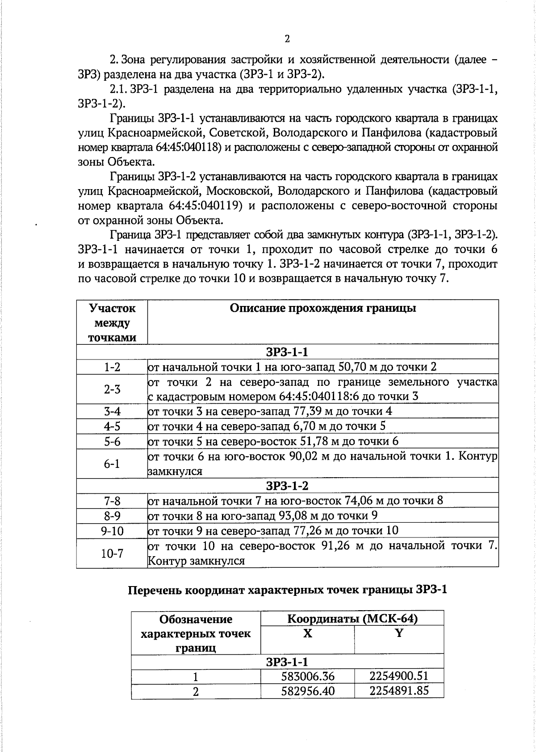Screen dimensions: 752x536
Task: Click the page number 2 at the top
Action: click(287, 39)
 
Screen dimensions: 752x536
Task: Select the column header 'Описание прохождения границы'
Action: click(322, 308)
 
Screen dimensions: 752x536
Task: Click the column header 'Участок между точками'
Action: click(112, 322)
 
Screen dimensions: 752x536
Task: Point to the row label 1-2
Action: click(112, 367)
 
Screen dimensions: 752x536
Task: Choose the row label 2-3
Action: click(112, 389)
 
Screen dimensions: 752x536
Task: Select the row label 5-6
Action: click(112, 442)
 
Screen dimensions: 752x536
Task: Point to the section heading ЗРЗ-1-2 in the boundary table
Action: click(287, 486)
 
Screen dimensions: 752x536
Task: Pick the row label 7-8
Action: click(112, 501)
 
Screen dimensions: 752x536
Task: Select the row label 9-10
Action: click(112, 531)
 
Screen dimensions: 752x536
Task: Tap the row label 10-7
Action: click(112, 554)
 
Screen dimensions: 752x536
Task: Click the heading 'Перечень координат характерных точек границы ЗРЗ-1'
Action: click(287, 590)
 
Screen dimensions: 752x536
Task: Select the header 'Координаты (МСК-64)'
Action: click(352, 619)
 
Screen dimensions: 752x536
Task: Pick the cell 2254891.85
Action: click(399, 691)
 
